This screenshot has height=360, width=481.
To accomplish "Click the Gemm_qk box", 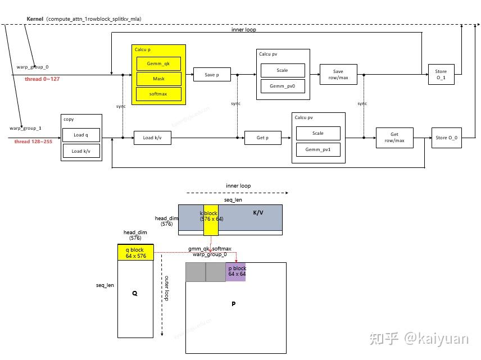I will [159, 64].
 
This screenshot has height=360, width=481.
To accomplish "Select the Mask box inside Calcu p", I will [159, 79].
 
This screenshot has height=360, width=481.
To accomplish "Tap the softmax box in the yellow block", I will [159, 94].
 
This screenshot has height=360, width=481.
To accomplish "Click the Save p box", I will [212, 75].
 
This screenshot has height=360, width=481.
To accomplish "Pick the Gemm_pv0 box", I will [283, 86].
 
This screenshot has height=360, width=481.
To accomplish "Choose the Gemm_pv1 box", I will [318, 150].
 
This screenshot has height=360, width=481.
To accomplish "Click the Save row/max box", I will [338, 75].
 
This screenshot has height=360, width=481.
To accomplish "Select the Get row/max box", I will [394, 138].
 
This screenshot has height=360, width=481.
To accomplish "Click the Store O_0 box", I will [447, 138].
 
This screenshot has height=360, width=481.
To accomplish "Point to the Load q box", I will [81, 135].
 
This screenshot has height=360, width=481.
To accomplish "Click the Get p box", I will [263, 138].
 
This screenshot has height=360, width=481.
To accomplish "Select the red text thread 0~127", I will [42, 79].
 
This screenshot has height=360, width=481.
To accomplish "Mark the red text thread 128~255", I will [33, 142].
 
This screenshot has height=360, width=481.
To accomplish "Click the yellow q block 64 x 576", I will [135, 253].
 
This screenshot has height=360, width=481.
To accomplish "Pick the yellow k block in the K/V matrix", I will [211, 220].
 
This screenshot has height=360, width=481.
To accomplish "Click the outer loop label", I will [166, 288].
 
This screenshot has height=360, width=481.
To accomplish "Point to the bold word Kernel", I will [35, 19].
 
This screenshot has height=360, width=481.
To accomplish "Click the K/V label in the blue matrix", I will [258, 213].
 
